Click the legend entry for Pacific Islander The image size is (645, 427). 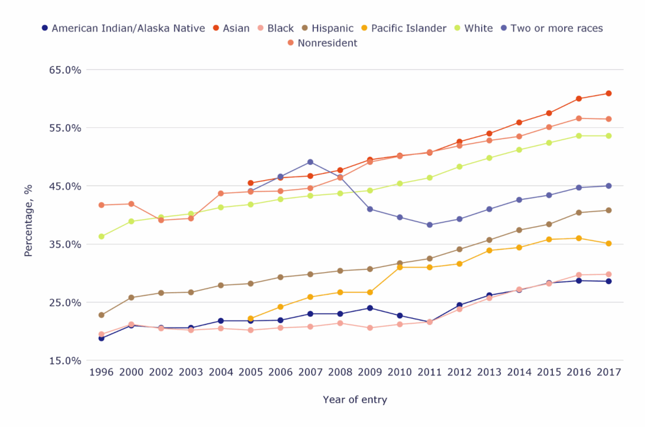(408, 28)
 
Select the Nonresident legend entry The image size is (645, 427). (327, 43)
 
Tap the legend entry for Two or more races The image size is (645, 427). (556, 28)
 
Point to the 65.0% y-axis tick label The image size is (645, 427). (66, 70)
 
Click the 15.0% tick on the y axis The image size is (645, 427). (66, 361)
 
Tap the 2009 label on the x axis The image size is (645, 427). (370, 372)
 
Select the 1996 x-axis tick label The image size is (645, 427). (101, 372)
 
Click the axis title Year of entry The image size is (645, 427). (355, 400)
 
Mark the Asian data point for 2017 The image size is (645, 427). (608, 93)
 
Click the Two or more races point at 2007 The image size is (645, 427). (311, 162)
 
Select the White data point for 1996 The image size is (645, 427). (101, 237)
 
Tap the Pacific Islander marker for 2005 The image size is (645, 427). (251, 319)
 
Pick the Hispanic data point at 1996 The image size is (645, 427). (101, 315)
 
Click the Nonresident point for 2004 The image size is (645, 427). (220, 193)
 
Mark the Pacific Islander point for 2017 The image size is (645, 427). (608, 244)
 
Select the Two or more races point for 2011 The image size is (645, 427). (430, 225)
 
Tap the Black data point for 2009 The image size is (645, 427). (370, 328)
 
